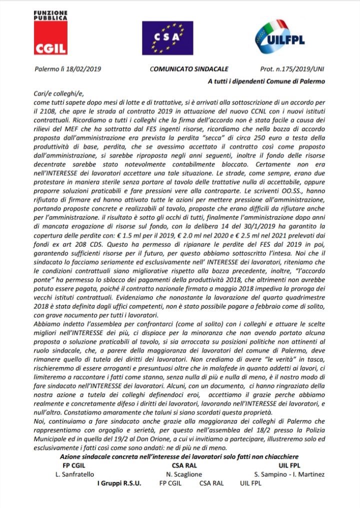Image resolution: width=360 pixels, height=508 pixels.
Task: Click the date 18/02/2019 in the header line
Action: [83, 70]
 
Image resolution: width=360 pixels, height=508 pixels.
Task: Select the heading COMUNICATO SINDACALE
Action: [182, 70]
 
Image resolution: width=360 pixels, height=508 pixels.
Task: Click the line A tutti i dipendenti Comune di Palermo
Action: [266, 81]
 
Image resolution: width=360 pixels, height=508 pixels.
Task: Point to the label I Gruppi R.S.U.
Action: [119, 483]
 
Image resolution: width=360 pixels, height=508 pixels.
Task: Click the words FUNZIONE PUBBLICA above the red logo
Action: [50, 15]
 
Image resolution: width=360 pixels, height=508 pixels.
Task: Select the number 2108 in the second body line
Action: [44, 110]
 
